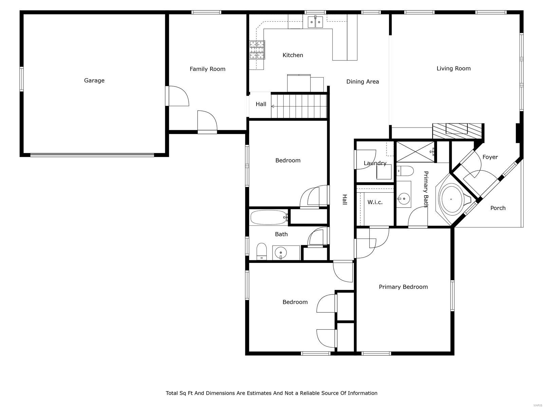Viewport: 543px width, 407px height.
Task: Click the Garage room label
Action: (x=94, y=80)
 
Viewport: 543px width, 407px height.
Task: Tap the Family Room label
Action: (x=207, y=69)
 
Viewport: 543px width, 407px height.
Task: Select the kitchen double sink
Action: (x=316, y=22)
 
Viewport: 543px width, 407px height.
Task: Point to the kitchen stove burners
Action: (x=257, y=50)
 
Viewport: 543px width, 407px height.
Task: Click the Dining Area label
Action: (x=362, y=81)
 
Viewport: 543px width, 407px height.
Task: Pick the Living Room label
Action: (x=453, y=69)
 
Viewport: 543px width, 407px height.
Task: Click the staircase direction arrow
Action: (x=273, y=106)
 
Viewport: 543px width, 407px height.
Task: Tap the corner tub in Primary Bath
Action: (x=451, y=199)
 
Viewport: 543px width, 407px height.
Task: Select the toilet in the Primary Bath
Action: (x=405, y=171)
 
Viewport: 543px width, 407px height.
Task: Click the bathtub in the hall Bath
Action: (x=268, y=217)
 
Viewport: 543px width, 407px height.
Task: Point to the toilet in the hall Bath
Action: (x=261, y=251)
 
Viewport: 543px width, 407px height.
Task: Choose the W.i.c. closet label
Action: (x=375, y=202)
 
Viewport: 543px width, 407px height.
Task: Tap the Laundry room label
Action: (x=375, y=163)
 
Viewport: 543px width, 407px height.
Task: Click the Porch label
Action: (x=498, y=208)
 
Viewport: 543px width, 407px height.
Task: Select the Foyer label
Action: (x=490, y=157)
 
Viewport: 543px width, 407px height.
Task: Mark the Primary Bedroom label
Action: (x=403, y=287)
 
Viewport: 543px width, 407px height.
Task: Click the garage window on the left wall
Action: (x=22, y=79)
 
